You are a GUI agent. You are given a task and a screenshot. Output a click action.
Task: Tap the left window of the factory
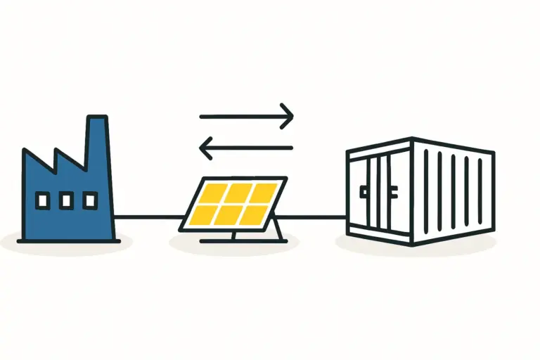pos(42,201)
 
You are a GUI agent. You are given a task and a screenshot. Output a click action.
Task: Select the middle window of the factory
pos(66,201)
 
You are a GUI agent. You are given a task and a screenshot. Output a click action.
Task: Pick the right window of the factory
pos(89,201)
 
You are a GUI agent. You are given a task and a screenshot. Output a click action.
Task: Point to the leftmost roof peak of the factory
pos(25,151)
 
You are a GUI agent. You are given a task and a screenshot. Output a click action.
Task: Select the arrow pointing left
pos(246,148)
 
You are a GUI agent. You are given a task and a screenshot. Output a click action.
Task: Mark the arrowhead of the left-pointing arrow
pos(205,148)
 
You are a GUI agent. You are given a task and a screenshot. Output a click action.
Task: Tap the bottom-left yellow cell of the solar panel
pos(206,214)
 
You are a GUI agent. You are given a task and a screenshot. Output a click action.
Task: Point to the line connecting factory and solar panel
pos(148,217)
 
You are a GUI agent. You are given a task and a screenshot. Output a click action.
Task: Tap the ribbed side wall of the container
pos(454,190)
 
